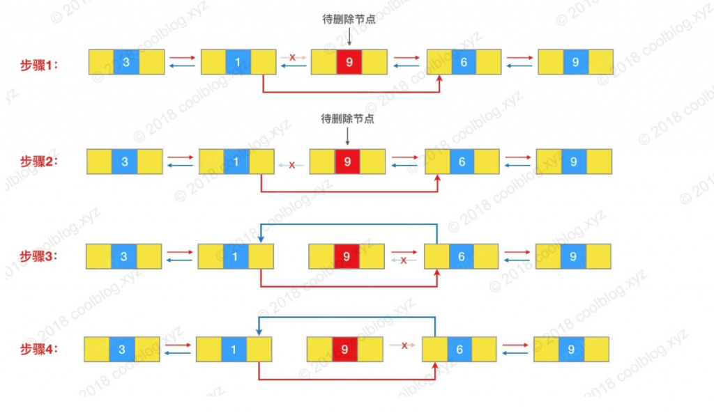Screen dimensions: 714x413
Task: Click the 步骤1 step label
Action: (x=39, y=65)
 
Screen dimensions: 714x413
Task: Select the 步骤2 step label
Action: (x=39, y=162)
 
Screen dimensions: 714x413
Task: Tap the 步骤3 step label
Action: (x=39, y=256)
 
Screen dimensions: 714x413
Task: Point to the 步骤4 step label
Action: (x=39, y=350)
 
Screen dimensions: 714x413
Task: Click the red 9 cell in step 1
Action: (x=349, y=62)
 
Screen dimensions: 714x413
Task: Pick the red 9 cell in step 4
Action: (x=344, y=350)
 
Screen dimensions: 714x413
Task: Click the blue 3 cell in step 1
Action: (x=126, y=62)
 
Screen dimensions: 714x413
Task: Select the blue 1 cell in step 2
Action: (x=236, y=162)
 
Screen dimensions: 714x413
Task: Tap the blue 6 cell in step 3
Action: (x=462, y=256)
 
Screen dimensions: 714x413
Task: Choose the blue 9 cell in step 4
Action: (x=572, y=350)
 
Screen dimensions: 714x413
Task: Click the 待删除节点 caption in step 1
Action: (x=349, y=19)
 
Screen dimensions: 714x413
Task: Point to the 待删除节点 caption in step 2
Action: (x=347, y=118)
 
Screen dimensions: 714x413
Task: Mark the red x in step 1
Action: (x=292, y=57)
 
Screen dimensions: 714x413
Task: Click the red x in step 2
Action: (x=292, y=165)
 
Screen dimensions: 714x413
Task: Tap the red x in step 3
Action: (x=404, y=260)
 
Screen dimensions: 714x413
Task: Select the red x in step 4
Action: (x=404, y=345)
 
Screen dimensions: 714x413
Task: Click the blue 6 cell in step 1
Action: (x=464, y=62)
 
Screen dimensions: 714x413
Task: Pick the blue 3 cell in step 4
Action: (x=122, y=350)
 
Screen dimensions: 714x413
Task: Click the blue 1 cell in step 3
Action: (x=236, y=256)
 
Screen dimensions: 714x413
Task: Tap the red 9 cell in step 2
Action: (x=347, y=162)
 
